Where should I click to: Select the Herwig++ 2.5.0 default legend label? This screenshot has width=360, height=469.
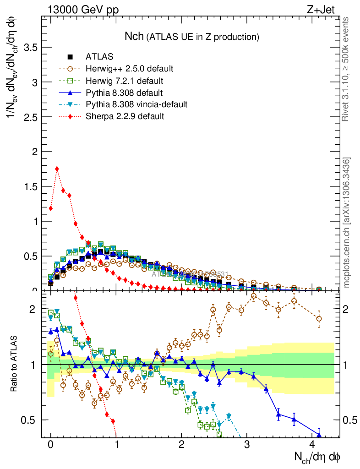pos(129,69)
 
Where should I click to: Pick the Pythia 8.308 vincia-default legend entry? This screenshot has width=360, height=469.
pos(136,104)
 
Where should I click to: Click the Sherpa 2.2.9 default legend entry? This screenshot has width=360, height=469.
pos(125,116)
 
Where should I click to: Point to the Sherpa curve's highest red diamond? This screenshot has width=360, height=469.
pos(57,169)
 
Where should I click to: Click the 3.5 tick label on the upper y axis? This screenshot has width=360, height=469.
pos(30,47)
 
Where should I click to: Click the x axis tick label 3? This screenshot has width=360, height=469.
pos(247,445)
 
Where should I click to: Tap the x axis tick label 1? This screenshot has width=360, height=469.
pos(116,445)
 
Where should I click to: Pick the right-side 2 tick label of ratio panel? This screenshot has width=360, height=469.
pos(347,309)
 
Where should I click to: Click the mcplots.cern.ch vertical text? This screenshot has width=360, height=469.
pos(347,223)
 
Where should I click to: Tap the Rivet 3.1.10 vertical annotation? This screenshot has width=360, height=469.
pos(346,69)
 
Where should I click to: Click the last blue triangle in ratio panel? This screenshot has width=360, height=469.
pos(319,435)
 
